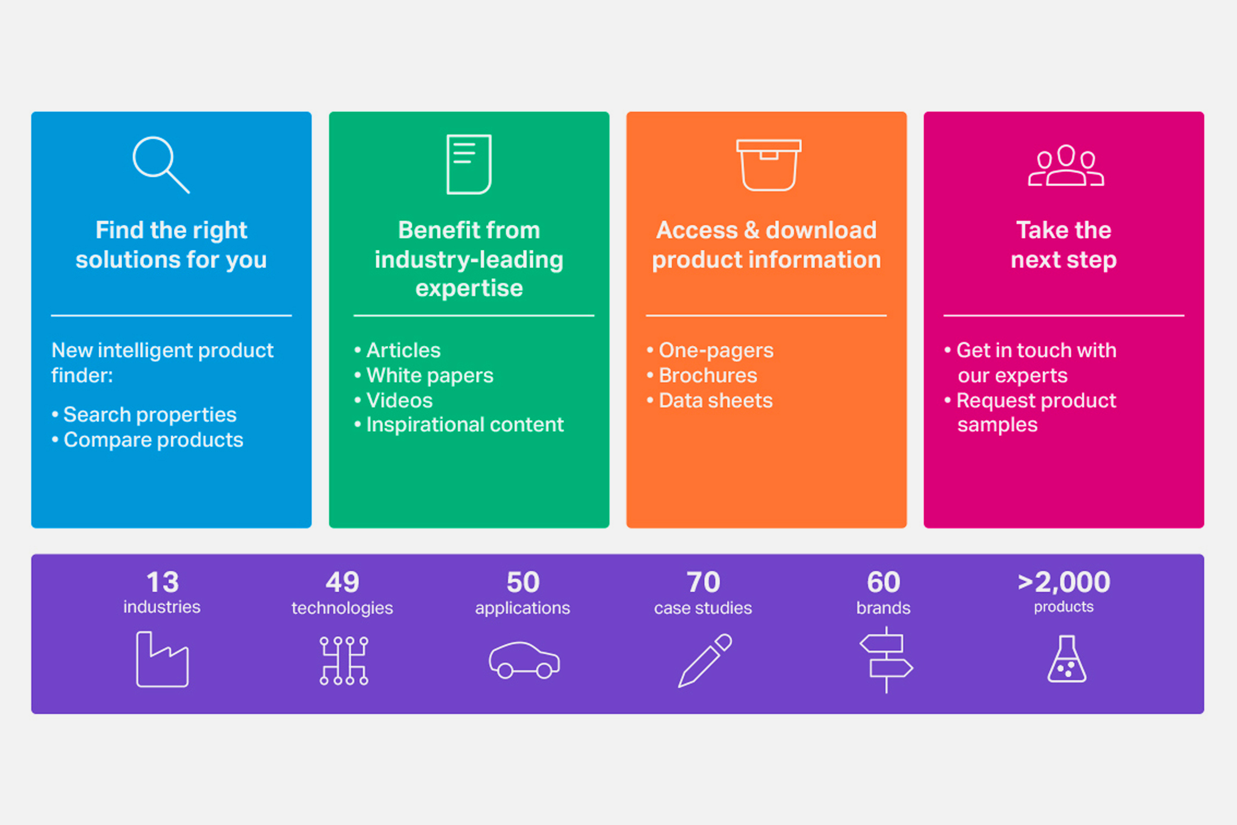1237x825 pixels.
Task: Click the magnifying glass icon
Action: pyautogui.click(x=160, y=164)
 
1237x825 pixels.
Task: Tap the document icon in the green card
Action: pyautogui.click(x=469, y=164)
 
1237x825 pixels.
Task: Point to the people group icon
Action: pyautogui.click(x=1066, y=166)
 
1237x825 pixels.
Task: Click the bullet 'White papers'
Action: pyautogui.click(x=429, y=376)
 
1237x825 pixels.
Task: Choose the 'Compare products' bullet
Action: pyautogui.click(x=153, y=440)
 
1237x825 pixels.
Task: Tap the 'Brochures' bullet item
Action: pyautogui.click(x=707, y=376)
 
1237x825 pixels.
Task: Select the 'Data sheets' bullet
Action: pyautogui.click(x=715, y=401)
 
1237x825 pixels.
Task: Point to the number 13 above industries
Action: pyautogui.click(x=163, y=582)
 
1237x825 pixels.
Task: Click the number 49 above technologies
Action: pyautogui.click(x=342, y=582)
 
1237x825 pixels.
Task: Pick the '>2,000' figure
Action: pyautogui.click(x=1063, y=582)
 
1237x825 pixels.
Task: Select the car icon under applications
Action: pyautogui.click(x=524, y=660)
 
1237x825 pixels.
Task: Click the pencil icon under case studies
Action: pyautogui.click(x=705, y=660)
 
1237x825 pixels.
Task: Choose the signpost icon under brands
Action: pyautogui.click(x=886, y=660)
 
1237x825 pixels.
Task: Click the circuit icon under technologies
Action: pyautogui.click(x=344, y=660)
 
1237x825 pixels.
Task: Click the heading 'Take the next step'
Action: pyautogui.click(x=1063, y=245)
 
